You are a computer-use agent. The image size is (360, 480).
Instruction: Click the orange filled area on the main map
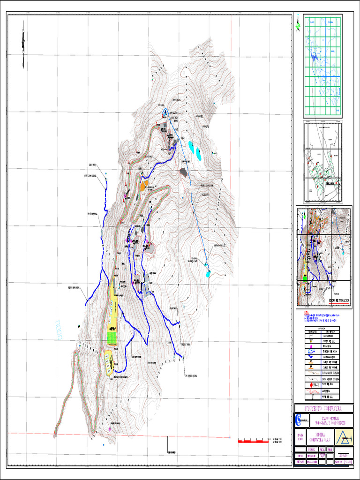click(143, 186)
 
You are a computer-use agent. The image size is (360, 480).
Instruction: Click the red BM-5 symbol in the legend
click(313, 384)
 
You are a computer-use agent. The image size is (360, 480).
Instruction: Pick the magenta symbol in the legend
click(312, 345)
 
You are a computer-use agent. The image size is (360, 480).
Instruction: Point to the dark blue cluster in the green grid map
click(313, 57)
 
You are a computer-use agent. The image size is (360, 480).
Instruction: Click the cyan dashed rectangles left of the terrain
click(59, 330)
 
